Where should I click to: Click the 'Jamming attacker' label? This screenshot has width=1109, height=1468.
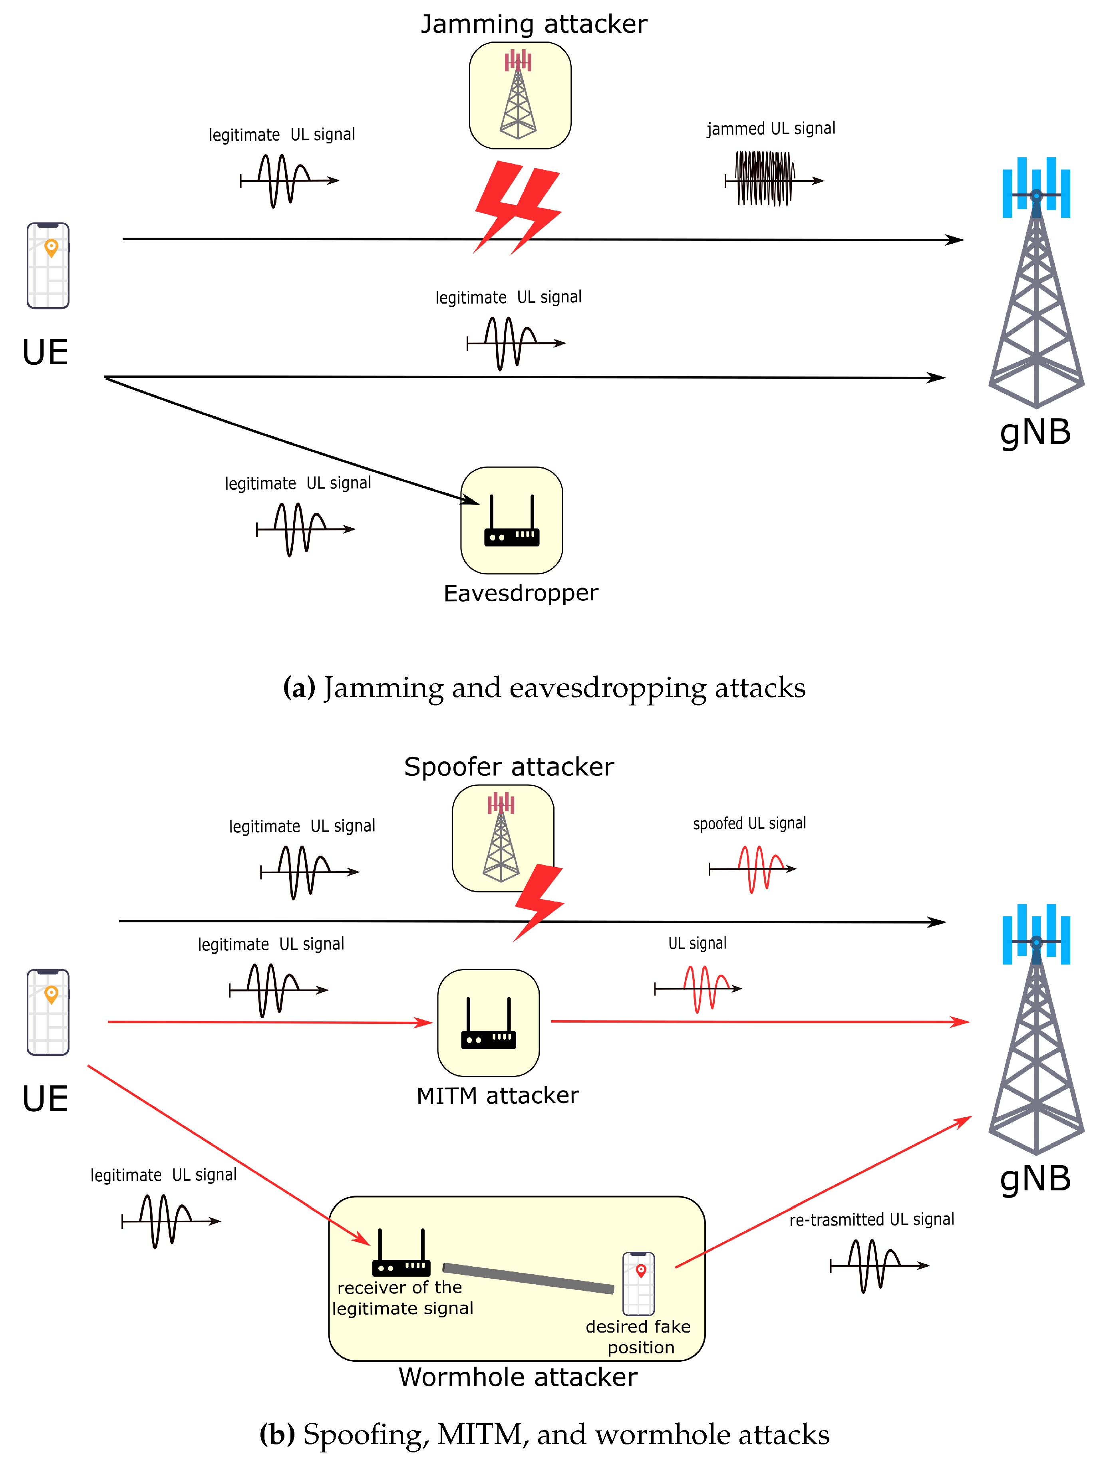(x=534, y=24)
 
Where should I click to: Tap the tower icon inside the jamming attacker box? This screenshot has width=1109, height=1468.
(x=518, y=95)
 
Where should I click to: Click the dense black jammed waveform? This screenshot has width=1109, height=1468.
(x=765, y=179)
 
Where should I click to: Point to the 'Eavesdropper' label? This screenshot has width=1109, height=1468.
(x=520, y=593)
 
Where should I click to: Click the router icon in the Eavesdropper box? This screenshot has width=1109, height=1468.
(x=512, y=522)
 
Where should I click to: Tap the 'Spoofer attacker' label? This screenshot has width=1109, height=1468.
(x=509, y=767)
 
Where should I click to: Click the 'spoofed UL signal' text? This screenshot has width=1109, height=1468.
(x=749, y=824)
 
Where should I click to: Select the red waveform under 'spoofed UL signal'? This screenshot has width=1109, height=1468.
(x=757, y=869)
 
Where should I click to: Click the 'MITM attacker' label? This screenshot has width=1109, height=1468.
(x=497, y=1096)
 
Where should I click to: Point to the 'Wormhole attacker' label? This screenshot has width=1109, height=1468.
(x=518, y=1377)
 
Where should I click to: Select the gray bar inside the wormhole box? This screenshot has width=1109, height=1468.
(x=528, y=1278)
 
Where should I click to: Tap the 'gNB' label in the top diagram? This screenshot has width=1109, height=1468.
(x=1035, y=432)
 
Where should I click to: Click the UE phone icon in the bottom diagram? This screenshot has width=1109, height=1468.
(x=48, y=1012)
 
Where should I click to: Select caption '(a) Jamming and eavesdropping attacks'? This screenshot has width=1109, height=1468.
(x=544, y=687)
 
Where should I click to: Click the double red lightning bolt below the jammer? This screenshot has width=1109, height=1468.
(x=518, y=207)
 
